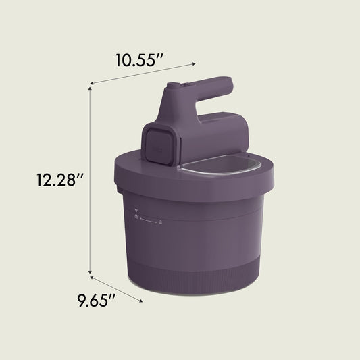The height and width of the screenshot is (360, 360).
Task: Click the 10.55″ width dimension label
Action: click(x=139, y=60)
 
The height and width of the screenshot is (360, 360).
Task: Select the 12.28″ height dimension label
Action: click(x=59, y=180)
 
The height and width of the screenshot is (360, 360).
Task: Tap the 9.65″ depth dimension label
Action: click(x=96, y=300)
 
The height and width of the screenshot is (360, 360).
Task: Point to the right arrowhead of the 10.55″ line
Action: click(x=194, y=63)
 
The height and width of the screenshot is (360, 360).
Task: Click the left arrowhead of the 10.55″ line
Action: click(x=92, y=83)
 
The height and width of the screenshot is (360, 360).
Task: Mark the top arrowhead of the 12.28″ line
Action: click(x=90, y=88)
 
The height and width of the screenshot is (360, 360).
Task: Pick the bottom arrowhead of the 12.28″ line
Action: click(x=90, y=272)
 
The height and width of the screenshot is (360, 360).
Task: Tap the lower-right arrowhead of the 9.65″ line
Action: click(x=140, y=301)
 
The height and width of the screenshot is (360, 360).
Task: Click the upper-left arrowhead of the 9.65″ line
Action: click(x=92, y=278)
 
